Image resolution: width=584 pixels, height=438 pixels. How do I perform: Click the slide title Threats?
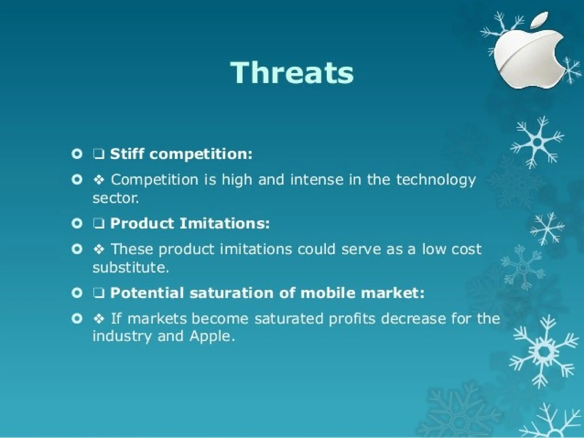(x=292, y=73)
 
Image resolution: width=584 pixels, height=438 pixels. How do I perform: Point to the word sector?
(x=115, y=198)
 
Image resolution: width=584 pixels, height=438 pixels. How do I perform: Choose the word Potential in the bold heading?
(x=147, y=293)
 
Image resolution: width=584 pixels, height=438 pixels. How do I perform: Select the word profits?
(x=352, y=319)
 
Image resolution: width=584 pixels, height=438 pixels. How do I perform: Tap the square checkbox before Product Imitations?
(x=98, y=224)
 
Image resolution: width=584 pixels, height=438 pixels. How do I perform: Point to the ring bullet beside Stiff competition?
(x=77, y=154)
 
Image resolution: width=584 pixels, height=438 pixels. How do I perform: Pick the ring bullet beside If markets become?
(x=77, y=319)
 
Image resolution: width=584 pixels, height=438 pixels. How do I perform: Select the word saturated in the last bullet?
(x=289, y=319)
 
